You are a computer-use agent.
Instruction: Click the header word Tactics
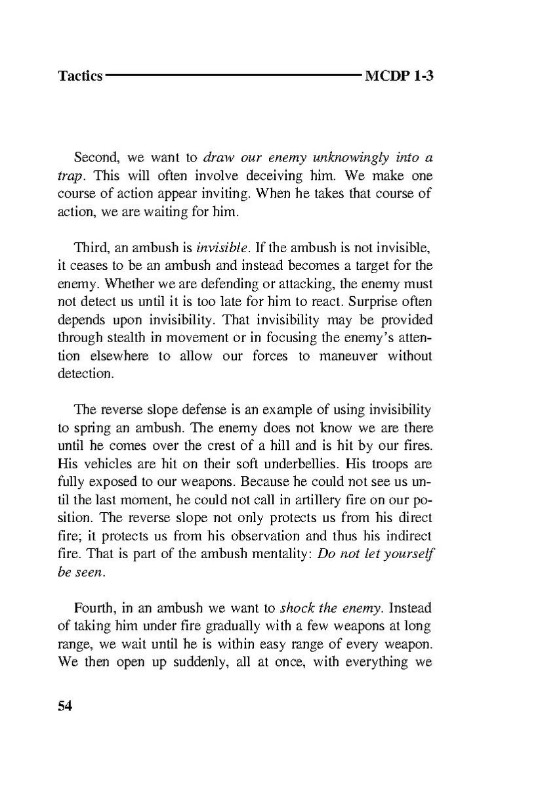click(80, 76)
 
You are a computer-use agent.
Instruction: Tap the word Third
click(91, 249)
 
